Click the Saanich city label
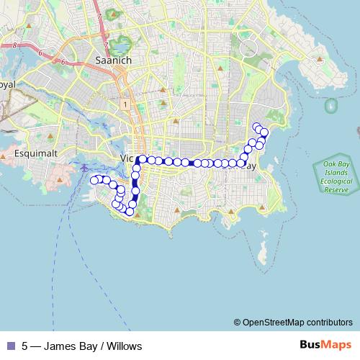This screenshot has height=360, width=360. point(113,60)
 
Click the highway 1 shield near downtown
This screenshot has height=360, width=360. point(125,105)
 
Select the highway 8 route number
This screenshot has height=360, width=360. point(14,45)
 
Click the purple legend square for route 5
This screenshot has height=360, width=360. point(10,346)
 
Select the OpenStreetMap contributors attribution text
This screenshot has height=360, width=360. point(297,322)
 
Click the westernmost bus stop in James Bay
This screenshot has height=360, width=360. point(93,179)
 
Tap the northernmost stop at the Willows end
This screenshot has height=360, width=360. point(256,126)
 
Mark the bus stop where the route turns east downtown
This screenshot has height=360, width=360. point(143,159)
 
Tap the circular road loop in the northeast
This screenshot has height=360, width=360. point(249,48)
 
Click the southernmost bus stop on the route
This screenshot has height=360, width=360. point(130,211)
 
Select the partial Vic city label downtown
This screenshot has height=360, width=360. point(126,158)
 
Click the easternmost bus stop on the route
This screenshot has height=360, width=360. point(264,132)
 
